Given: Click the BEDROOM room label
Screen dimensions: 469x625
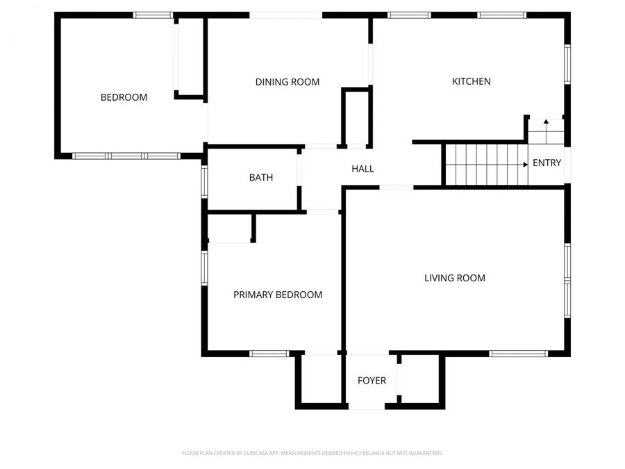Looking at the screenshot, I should tap(124, 97).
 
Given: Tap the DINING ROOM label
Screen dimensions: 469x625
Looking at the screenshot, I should tap(287, 82).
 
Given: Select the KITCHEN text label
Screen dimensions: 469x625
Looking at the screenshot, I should tap(472, 81).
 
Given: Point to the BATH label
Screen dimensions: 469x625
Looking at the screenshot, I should tap(261, 178).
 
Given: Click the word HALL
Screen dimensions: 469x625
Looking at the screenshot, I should tap(362, 169).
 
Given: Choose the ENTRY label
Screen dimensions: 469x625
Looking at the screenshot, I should tap(547, 163).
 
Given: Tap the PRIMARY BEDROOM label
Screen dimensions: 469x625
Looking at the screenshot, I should tap(278, 295).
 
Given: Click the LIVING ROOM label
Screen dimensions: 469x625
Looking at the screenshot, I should tap(455, 278).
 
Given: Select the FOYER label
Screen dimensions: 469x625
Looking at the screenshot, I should tap(372, 381).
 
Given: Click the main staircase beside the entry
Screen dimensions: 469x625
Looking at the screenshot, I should tap(485, 165).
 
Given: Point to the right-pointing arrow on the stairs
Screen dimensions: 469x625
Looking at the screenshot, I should tap(523, 165).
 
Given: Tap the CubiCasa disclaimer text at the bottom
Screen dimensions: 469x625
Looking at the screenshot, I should tap(312, 453).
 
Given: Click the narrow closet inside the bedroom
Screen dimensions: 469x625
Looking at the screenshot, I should tap(190, 57).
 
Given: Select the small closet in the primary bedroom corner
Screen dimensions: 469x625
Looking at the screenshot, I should tap(230, 228).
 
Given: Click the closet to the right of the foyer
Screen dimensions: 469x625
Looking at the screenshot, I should tap(421, 379).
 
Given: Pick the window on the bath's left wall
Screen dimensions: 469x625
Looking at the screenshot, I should tap(204, 181).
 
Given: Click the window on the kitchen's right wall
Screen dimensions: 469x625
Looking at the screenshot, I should tap(567, 65).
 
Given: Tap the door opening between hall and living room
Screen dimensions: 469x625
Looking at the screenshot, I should tap(397, 187).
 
